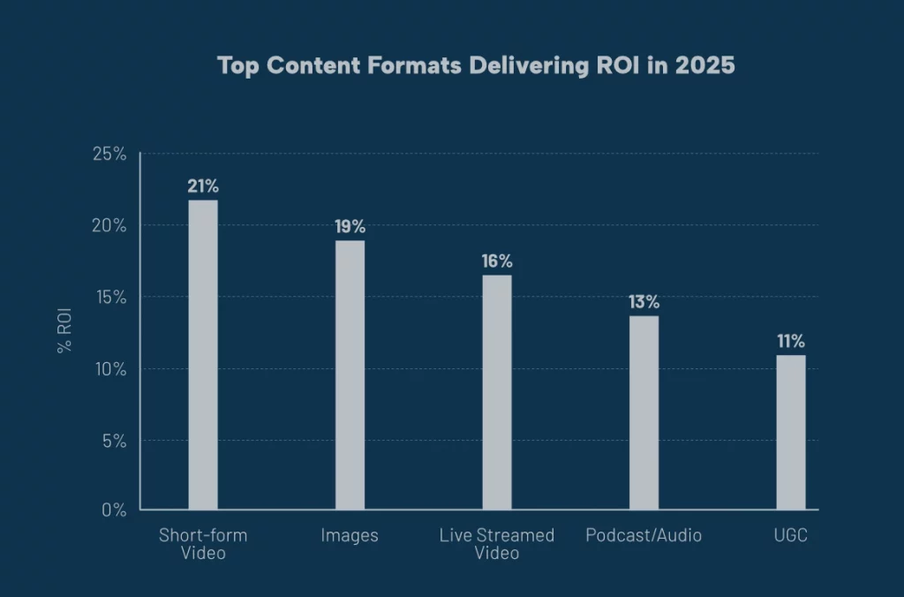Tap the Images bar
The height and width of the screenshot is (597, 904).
pos(350,375)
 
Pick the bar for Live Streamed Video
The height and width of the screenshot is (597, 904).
pos(496,392)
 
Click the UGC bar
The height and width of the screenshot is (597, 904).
pos(790,433)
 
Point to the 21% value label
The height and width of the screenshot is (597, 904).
pos(203,186)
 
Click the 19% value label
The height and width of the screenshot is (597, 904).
pos(350,227)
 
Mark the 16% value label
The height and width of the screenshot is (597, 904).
pos(496,261)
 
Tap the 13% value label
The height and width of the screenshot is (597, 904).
pos(644,302)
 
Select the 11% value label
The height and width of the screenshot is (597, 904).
pos(790,342)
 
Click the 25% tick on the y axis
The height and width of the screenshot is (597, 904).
pos(109,154)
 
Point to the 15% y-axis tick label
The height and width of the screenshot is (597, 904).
pos(109,298)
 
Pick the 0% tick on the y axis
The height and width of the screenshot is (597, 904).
pos(114,510)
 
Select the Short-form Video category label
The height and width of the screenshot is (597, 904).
pos(203,544)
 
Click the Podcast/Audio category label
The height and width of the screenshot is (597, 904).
pos(644,536)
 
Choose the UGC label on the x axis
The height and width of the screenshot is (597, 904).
pos(790,536)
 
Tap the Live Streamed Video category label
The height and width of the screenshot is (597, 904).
pos(496,544)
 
